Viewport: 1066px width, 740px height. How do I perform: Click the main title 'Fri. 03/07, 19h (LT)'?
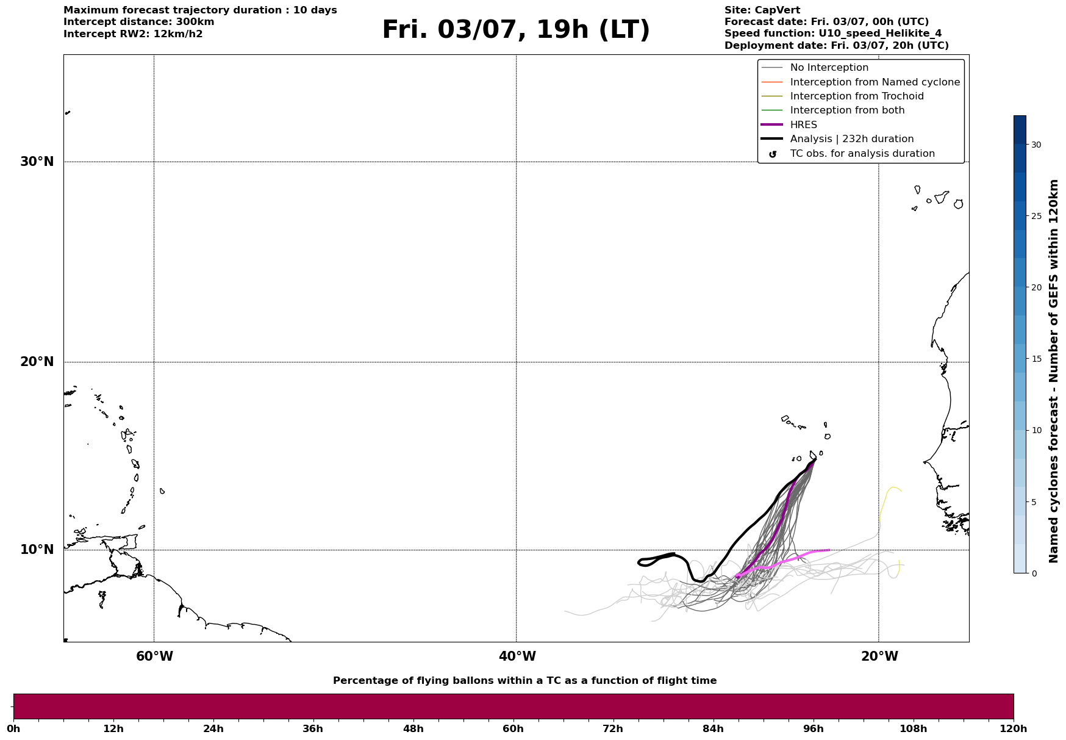point(516,30)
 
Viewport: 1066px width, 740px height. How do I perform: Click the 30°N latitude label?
point(37,162)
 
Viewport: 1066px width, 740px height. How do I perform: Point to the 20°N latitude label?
point(37,362)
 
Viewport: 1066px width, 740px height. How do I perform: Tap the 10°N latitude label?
point(37,550)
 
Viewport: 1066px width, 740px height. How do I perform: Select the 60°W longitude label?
point(154,656)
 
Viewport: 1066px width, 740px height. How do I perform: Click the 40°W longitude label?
point(517,656)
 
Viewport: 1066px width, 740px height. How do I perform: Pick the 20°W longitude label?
point(879,656)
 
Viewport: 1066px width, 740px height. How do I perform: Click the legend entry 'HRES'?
point(804,125)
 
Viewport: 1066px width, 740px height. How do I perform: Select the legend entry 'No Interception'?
point(829,68)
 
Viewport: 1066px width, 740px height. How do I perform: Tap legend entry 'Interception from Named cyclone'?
point(875,82)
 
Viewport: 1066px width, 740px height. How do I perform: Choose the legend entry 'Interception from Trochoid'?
point(857,96)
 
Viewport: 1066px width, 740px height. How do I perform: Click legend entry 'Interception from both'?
point(848,110)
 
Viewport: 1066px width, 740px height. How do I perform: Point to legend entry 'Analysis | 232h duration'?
point(852,139)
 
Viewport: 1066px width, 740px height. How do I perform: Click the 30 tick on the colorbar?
point(1036,145)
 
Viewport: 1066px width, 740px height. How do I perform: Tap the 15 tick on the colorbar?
point(1036,359)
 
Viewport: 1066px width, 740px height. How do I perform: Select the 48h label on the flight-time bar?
point(413,729)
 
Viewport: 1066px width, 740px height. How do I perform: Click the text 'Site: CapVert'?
point(762,10)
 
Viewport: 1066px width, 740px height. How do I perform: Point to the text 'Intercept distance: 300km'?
point(139,22)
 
